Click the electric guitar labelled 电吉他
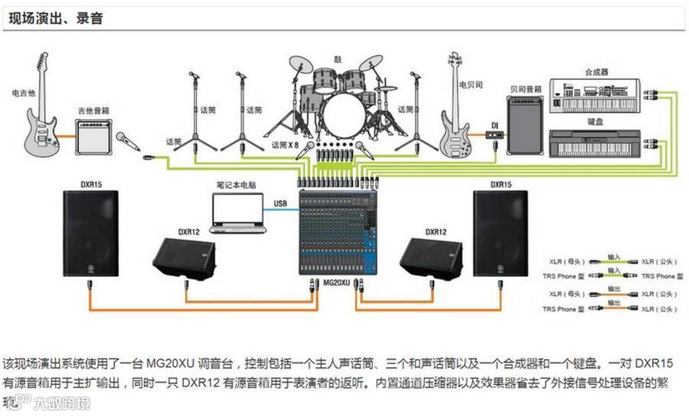pyautogui.click(x=43, y=115)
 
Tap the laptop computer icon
pyautogui.click(x=237, y=213)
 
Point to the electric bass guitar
pyautogui.click(x=457, y=115)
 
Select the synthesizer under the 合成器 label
pyautogui.click(x=594, y=94)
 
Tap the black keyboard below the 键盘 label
pyautogui.click(x=595, y=143)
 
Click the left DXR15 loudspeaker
pyautogui.click(x=90, y=232)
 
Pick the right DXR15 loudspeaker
pyautogui.click(x=500, y=232)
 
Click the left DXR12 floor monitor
pyautogui.click(x=184, y=258)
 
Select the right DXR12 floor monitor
pyautogui.click(x=431, y=258)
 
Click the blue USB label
pyautogui.click(x=280, y=203)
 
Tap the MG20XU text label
pyautogui.click(x=336, y=282)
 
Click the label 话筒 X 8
pyautogui.click(x=284, y=144)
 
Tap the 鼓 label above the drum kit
pyautogui.click(x=337, y=59)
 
